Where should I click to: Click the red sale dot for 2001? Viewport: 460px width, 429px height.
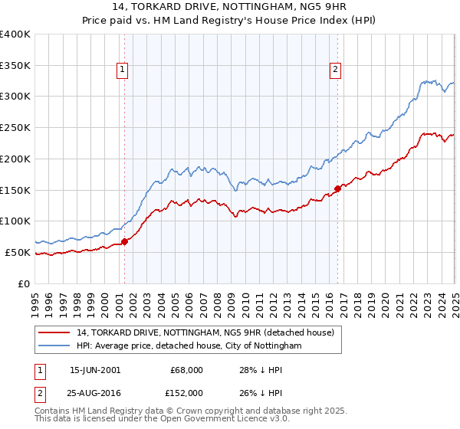pos(125,241)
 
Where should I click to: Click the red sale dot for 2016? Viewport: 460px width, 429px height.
pos(337,188)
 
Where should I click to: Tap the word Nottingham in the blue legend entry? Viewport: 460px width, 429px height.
pos(275,346)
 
